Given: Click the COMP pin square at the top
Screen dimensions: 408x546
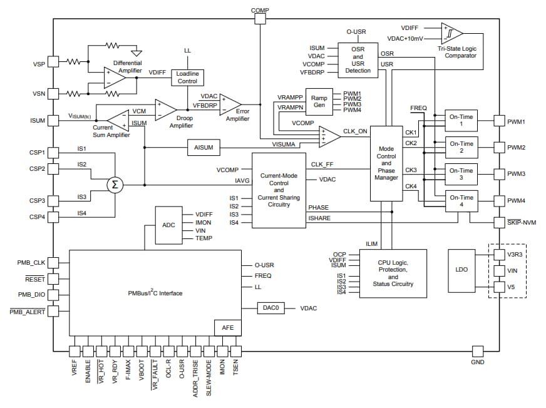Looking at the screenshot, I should [260, 19].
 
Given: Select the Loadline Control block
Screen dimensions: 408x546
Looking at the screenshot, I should [187, 78].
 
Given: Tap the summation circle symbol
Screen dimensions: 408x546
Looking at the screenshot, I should [114, 185].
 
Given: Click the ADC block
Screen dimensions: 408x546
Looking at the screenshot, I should [168, 225].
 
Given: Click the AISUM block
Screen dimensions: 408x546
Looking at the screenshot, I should [205, 148].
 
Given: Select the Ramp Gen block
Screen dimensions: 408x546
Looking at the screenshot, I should [319, 101].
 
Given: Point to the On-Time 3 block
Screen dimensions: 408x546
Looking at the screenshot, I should [461, 174].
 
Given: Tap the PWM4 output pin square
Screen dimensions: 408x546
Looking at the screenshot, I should [499, 201].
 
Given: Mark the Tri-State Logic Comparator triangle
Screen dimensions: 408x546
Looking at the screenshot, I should [453, 33].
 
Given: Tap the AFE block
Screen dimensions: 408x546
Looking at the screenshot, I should [227, 327].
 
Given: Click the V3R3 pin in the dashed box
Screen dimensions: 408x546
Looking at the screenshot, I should [499, 255].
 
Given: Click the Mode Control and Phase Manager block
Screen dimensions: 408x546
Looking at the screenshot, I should [386, 163].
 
